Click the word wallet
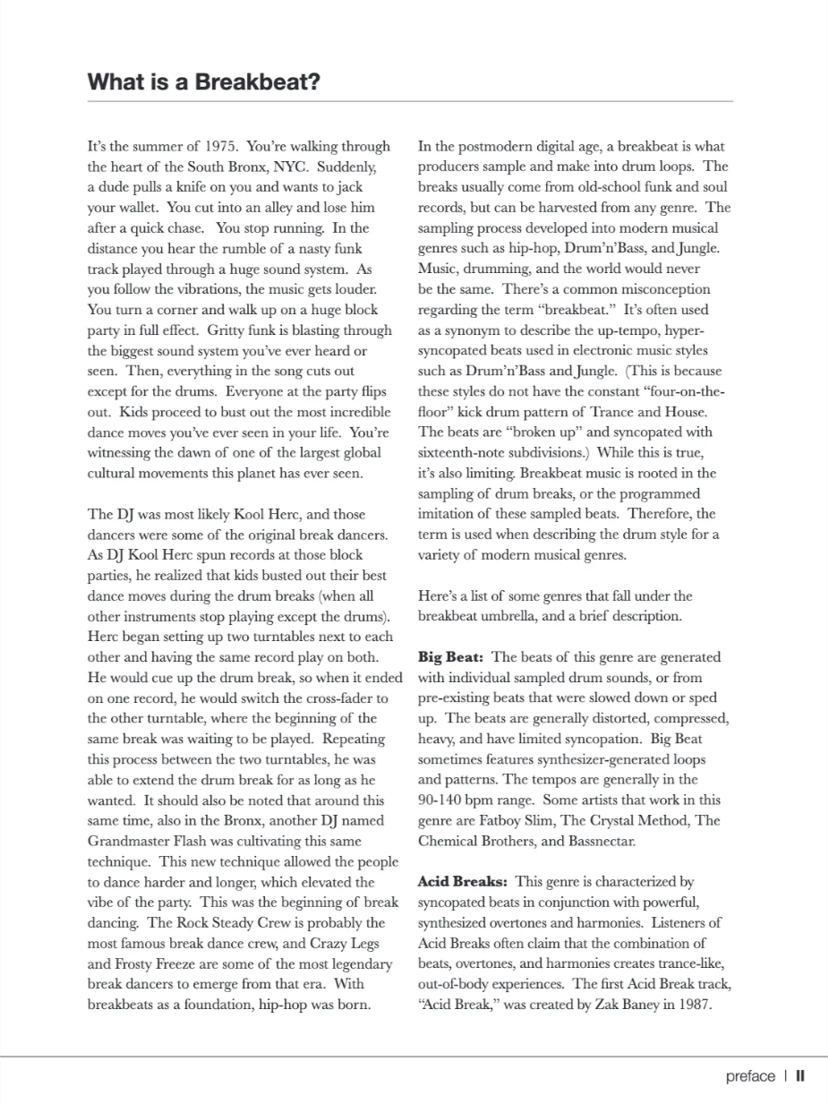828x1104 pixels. (136, 208)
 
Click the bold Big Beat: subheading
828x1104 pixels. (451, 657)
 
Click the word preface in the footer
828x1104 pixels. (750, 1076)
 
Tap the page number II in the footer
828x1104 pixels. (800, 1076)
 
